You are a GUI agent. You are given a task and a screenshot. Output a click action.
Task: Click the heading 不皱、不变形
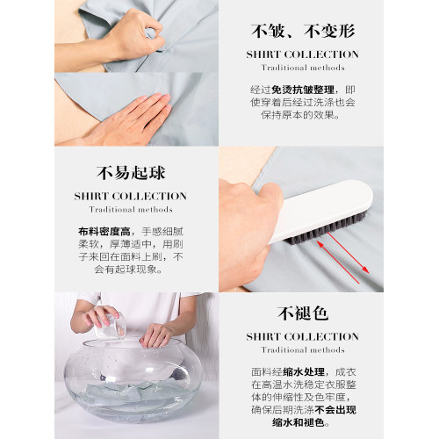coord(303,32)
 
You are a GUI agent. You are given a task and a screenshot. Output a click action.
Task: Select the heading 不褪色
coord(303,313)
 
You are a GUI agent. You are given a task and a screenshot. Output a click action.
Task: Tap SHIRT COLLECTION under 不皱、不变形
coord(303,54)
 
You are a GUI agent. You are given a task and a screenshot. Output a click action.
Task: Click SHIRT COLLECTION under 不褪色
coord(303,336)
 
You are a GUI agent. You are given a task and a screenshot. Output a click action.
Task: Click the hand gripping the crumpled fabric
coord(132,35)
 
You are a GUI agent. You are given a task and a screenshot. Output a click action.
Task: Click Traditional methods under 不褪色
coord(303,350)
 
